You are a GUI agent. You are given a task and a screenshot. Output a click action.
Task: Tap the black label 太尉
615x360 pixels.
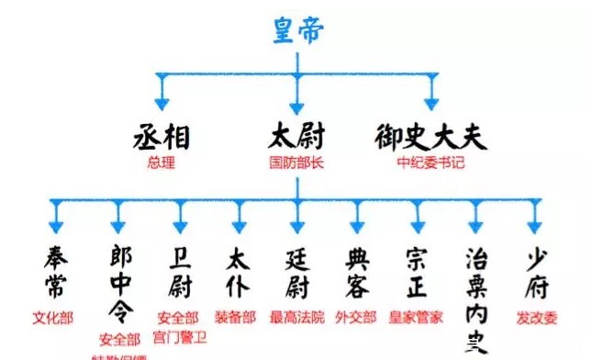pyautogui.click(x=296, y=138)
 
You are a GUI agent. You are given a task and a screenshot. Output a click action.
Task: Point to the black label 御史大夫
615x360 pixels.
pyautogui.click(x=430, y=138)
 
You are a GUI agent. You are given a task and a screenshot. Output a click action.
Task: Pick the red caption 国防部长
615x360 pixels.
pyautogui.click(x=296, y=163)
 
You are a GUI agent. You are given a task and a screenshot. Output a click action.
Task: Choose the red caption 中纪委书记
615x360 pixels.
pyautogui.click(x=430, y=163)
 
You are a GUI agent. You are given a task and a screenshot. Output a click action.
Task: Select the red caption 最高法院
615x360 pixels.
pyautogui.click(x=296, y=318)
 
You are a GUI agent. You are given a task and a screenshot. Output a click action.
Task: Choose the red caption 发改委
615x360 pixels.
pyautogui.click(x=534, y=318)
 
